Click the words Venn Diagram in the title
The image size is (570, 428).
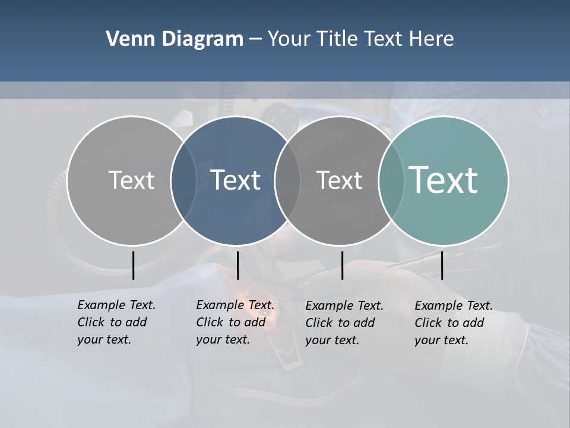coord(175,39)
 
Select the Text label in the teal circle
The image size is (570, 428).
coord(443,180)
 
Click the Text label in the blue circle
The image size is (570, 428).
coord(236,180)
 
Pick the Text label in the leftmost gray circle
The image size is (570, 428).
coord(131,180)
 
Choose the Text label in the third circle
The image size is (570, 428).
coord(339,180)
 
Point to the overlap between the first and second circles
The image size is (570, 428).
coord(183,180)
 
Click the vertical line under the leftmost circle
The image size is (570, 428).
coord(133,265)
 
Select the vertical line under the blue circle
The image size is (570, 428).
coord(237,265)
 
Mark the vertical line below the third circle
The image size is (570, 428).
coord(342,265)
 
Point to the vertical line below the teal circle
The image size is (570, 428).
coord(442,265)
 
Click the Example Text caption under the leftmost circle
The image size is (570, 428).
coord(116,322)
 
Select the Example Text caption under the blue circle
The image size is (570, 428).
coord(235,322)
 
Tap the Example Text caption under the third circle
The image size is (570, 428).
coord(344,323)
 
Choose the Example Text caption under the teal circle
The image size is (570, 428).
coord(453,323)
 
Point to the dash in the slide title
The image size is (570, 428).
coord(255,40)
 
